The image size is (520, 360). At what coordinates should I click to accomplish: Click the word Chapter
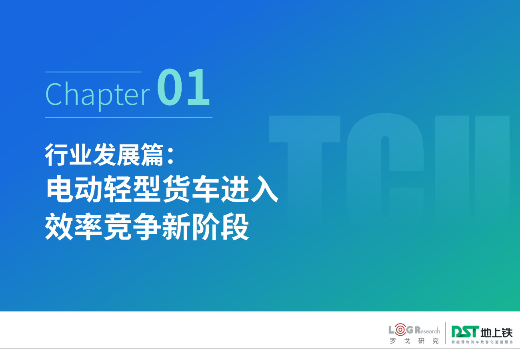click(98, 95)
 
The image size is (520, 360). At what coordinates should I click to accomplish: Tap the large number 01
click(183, 87)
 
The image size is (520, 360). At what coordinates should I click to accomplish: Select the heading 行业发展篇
click(104, 154)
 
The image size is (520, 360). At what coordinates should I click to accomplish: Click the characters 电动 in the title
click(74, 189)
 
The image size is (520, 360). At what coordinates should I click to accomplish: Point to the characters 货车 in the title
click(191, 189)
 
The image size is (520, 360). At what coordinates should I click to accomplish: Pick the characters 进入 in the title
click(249, 189)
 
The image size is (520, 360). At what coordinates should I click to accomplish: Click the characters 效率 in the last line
click(74, 226)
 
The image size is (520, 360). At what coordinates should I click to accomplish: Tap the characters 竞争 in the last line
click(132, 226)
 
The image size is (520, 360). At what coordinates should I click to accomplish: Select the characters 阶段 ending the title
click(220, 226)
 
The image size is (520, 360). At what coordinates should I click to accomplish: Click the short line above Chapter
click(93, 72)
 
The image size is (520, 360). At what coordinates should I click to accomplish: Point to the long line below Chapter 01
click(129, 117)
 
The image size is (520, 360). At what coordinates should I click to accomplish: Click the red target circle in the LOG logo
click(400, 330)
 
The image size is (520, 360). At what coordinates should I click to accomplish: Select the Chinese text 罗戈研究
click(414, 341)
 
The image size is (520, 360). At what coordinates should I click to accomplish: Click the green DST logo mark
click(465, 332)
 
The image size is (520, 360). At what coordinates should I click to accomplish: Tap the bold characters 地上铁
click(496, 333)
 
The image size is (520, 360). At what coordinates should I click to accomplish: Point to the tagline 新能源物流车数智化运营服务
click(482, 342)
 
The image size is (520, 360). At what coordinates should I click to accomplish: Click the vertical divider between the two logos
click(445, 333)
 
